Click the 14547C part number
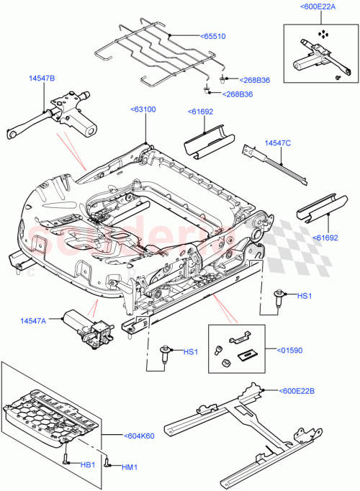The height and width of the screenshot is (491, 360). tap(276, 143)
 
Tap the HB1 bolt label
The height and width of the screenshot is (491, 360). tap(86, 465)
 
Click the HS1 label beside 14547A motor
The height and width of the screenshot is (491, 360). tap(190, 352)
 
